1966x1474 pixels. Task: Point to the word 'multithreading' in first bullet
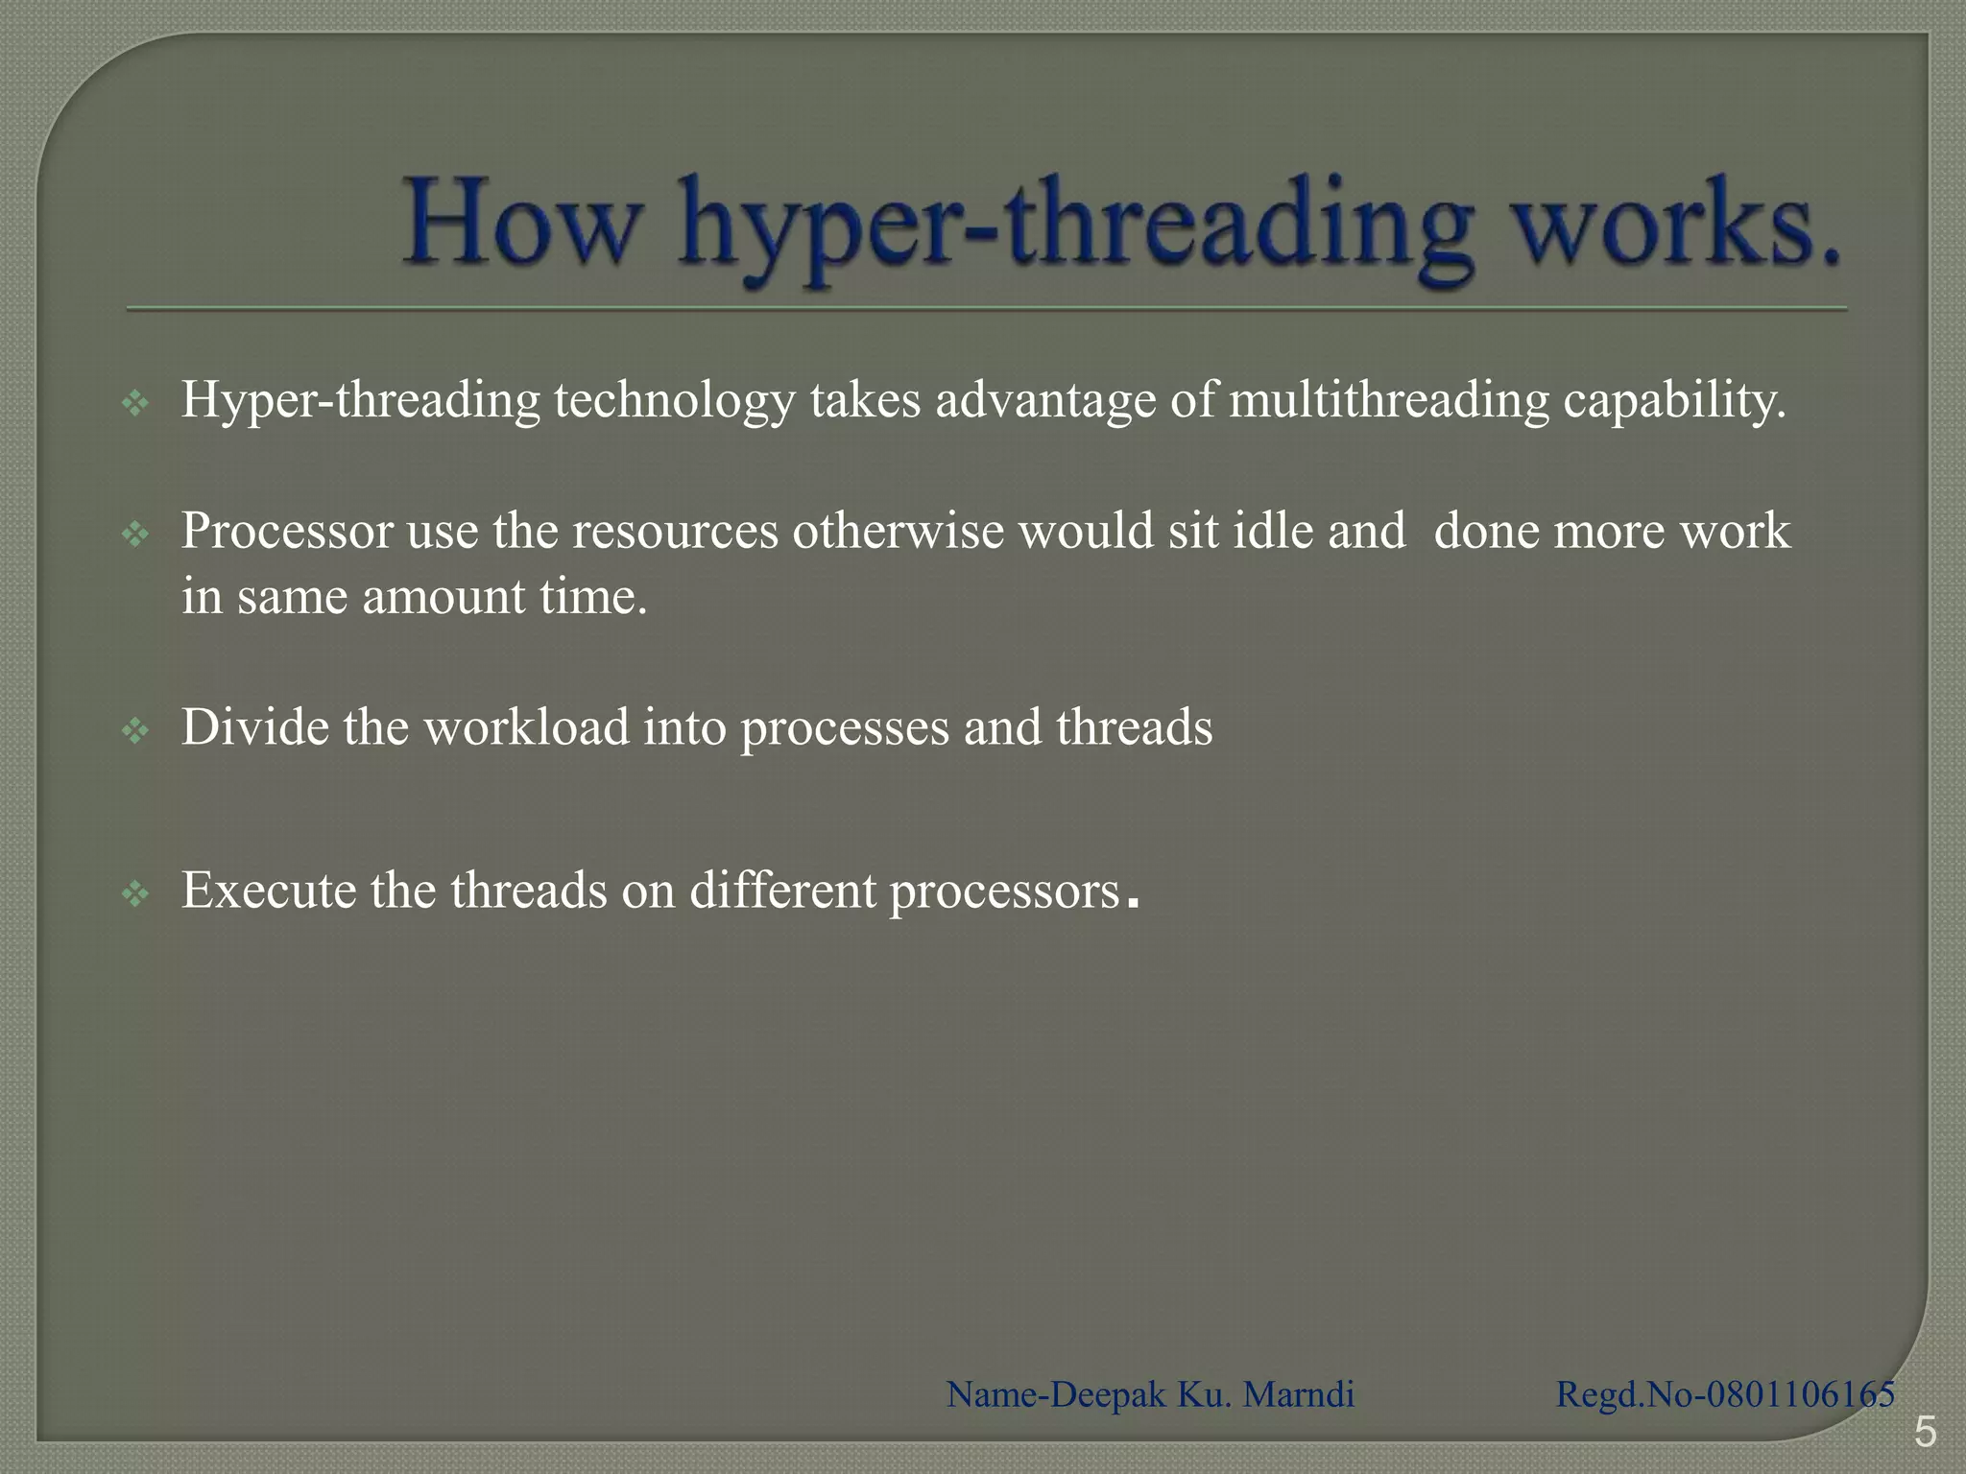[x=1388, y=400]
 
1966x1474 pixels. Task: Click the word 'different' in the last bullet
[x=782, y=891]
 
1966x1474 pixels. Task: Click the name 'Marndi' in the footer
[x=1299, y=1394]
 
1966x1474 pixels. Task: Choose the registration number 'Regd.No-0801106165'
[x=1725, y=1394]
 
